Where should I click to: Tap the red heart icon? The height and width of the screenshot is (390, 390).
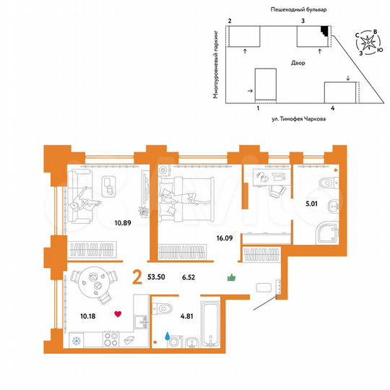tap(117, 314)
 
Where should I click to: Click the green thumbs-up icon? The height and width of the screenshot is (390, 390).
tap(232, 277)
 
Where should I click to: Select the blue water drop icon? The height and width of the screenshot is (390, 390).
tap(168, 335)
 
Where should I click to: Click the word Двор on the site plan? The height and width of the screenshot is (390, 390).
tap(298, 64)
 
